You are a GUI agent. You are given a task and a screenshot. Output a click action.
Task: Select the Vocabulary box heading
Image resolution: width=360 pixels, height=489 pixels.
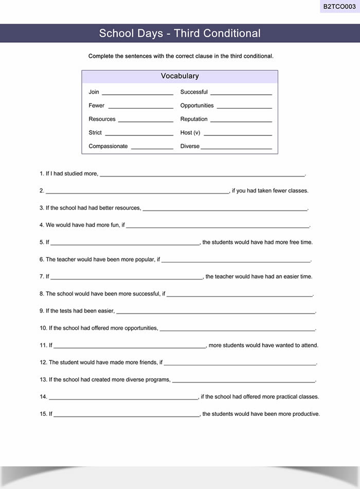coord(179,76)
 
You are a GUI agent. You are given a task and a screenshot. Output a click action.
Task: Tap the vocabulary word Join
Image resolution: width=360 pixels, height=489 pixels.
coord(94,92)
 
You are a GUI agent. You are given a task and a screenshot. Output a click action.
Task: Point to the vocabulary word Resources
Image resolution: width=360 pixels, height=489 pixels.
coord(102,119)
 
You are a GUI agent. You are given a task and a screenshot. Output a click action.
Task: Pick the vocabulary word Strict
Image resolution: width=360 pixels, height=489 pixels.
coord(95,132)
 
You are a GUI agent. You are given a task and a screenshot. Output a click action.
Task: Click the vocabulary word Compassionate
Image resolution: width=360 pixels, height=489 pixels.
coord(108,146)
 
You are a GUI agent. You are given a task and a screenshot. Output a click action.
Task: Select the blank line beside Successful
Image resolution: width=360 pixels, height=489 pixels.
coord(241,94)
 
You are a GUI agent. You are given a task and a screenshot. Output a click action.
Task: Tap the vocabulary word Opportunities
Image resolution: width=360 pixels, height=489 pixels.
coord(197,106)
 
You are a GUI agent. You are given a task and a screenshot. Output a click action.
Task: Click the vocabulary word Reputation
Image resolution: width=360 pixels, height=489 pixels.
coord(194,119)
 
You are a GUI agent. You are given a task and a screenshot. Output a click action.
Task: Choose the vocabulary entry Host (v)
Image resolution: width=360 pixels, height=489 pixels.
coord(190,132)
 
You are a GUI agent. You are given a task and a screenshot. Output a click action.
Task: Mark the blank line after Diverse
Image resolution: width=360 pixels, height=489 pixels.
coord(236,148)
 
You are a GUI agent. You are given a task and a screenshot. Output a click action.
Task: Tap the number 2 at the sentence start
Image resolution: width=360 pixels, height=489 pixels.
coord(41,191)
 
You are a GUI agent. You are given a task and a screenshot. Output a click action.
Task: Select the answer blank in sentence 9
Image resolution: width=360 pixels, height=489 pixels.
coord(215,312)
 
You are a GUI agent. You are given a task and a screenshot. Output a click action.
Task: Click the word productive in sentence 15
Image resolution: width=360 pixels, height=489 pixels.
coord(305,414)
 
